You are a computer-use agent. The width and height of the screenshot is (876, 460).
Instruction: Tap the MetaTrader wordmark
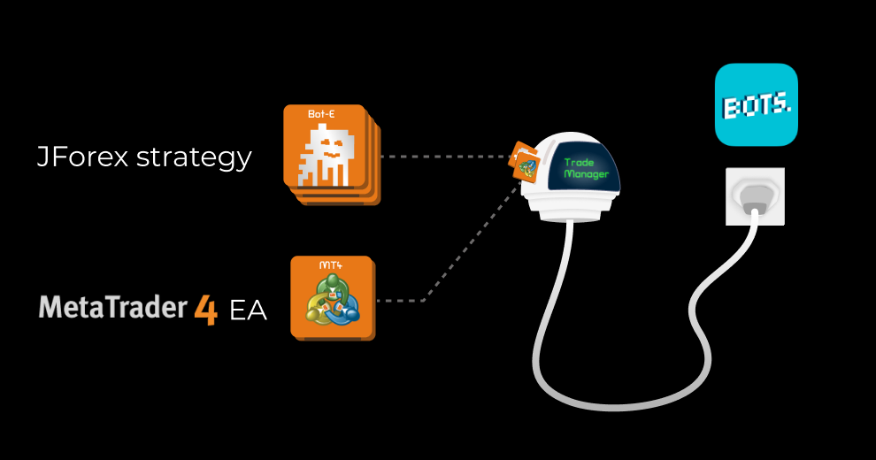113,308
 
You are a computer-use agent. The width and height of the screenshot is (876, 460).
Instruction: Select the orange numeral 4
205,310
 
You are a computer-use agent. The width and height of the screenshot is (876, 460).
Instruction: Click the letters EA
248,311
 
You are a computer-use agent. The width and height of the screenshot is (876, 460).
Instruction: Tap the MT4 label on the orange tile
330,265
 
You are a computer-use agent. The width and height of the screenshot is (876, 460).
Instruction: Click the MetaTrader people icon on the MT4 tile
331,301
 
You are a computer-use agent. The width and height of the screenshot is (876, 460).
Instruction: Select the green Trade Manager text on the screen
585,168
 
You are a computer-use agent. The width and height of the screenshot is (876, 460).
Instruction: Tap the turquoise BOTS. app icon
756,104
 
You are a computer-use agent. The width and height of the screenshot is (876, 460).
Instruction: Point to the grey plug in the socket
754,203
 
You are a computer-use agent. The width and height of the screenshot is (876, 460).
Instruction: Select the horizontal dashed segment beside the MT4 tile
403,301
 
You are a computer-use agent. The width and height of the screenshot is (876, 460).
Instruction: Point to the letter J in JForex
42,157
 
